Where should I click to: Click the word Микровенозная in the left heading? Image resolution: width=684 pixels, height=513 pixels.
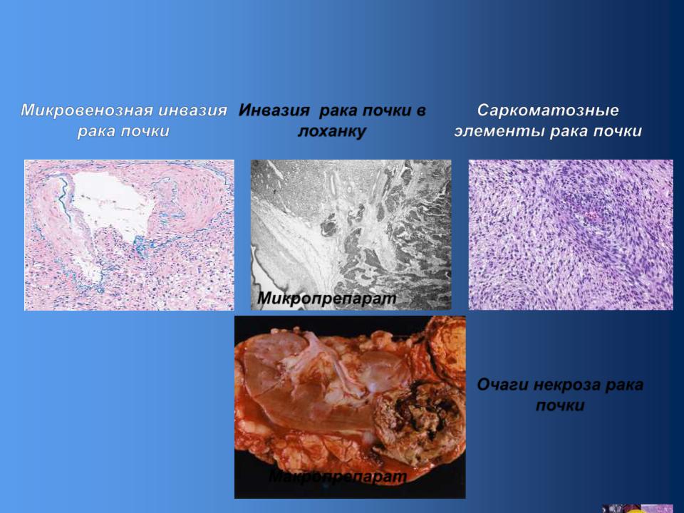coord(87,110)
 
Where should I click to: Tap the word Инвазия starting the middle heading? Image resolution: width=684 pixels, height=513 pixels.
coord(274,110)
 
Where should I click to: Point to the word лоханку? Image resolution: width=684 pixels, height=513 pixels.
coord(331,131)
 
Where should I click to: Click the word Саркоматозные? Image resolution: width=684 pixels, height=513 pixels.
coord(548,110)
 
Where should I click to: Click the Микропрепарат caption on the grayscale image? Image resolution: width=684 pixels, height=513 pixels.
coord(327,299)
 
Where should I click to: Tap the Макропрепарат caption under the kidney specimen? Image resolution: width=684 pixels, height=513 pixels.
coord(337,477)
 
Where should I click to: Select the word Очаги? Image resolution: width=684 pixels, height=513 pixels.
coord(502,385)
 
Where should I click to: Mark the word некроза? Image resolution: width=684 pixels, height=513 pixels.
coord(566,385)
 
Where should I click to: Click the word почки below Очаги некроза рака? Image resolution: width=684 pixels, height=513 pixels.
coord(560,406)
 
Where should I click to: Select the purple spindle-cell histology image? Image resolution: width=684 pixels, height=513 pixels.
coord(571,234)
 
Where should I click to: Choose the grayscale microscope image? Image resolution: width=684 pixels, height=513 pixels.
coord(351,234)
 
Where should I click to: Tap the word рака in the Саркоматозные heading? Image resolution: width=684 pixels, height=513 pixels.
coord(569,131)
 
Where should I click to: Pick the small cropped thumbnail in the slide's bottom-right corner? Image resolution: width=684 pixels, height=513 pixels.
coord(638,509)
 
